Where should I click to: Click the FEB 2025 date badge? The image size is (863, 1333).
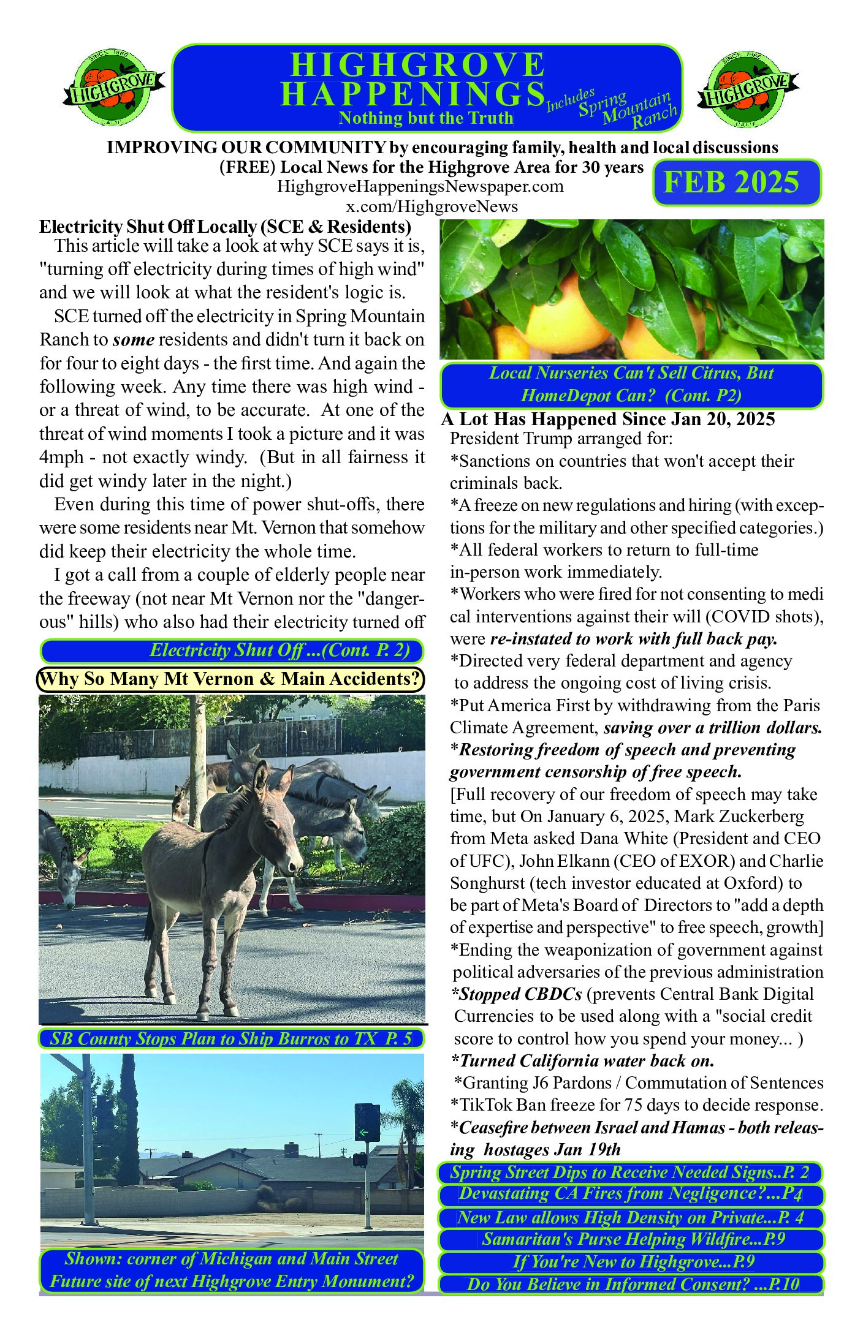pos(736,183)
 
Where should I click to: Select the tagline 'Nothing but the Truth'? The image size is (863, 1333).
pos(426,118)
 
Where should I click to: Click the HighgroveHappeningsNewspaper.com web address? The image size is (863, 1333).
pos(420,186)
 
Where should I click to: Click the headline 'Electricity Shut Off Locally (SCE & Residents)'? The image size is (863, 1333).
pos(225,227)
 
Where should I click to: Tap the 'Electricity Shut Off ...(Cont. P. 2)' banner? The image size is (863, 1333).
pos(232,650)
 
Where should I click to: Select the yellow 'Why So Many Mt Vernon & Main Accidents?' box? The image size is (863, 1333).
pos(230,679)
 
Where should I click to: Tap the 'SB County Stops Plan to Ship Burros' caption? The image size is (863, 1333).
pos(231,1038)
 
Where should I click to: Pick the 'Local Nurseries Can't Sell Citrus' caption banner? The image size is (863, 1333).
pos(631,385)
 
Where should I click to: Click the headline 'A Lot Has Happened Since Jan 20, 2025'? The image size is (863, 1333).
pos(608,419)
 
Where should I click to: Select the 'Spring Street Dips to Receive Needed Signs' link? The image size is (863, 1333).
pos(629,1173)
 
